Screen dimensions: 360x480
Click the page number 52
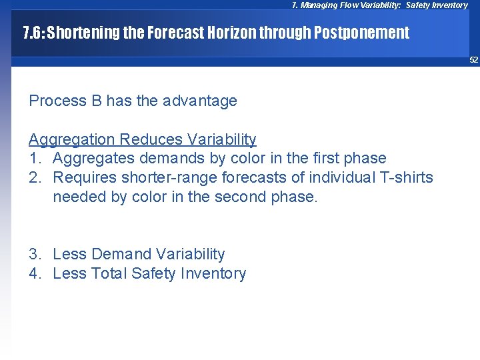pyautogui.click(x=473, y=60)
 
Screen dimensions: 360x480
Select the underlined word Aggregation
pyautogui.click(x=71, y=139)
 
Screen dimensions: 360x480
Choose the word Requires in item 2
pyautogui.click(x=82, y=177)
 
